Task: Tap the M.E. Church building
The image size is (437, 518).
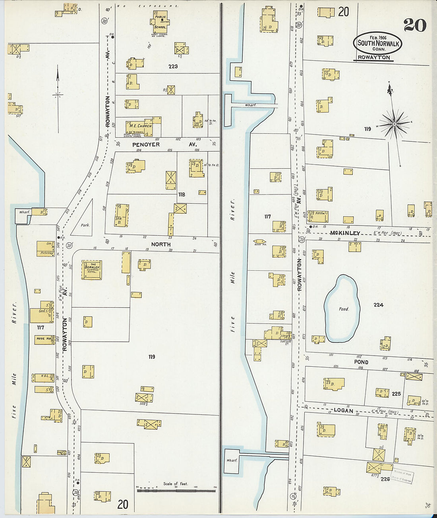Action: click(140, 126)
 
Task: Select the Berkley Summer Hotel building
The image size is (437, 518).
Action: click(92, 270)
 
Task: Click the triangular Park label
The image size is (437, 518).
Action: click(85, 225)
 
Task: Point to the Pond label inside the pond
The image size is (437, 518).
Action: click(344, 309)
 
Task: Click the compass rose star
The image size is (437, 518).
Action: click(394, 124)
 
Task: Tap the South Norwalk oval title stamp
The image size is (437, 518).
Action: click(377, 43)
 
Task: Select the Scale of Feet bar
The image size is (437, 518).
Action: click(176, 491)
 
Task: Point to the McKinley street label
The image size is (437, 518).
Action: click(345, 233)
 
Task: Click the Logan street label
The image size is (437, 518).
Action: click(343, 410)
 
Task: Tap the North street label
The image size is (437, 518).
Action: click(161, 245)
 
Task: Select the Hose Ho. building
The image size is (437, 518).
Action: click(44, 339)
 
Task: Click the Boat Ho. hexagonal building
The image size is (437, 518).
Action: click(259, 241)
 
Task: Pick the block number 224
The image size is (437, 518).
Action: click(378, 305)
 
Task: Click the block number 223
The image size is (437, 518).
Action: click(173, 66)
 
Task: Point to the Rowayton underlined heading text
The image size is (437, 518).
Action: click(373, 58)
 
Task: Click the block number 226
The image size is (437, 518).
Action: click(385, 479)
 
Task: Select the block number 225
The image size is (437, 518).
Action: click(396, 394)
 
